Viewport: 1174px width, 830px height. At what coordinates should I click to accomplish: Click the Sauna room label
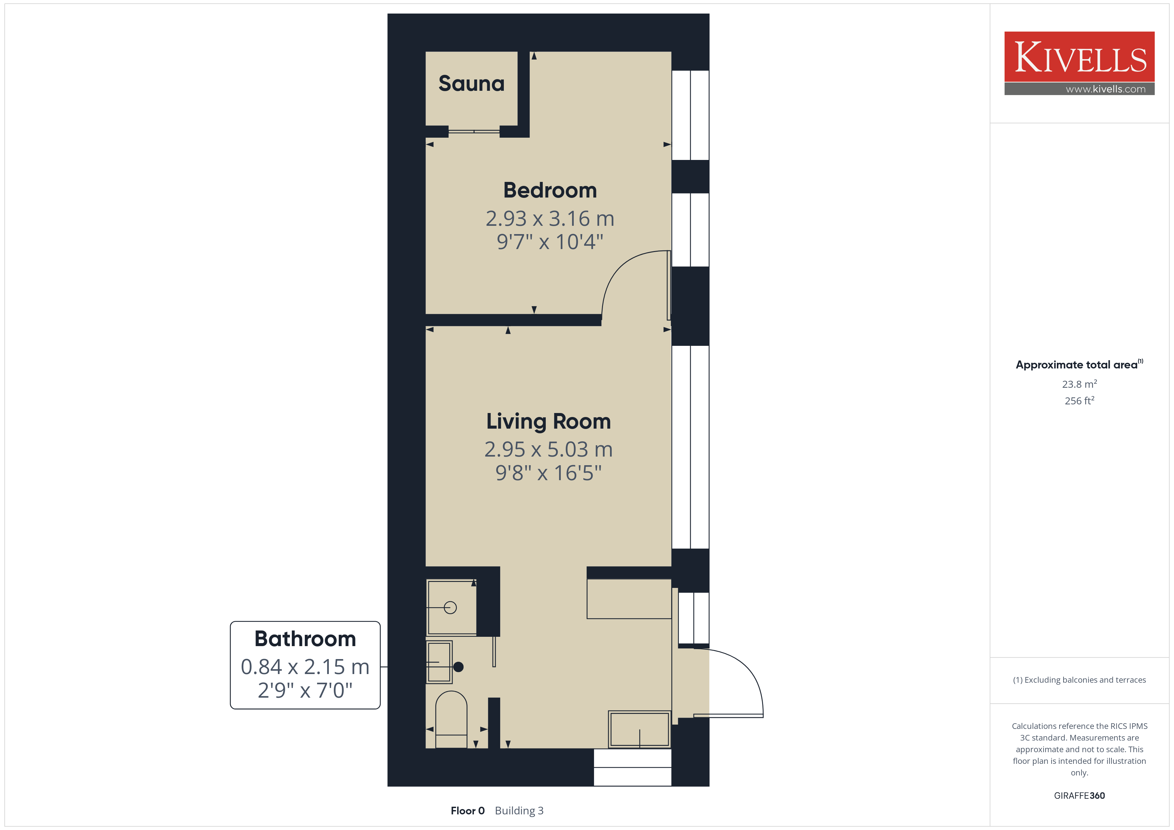point(472,83)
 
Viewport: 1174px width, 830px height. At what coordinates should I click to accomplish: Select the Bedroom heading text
point(550,190)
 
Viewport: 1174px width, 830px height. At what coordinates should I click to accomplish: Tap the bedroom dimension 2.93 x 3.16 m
point(550,219)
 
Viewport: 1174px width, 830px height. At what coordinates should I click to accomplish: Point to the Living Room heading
point(549,422)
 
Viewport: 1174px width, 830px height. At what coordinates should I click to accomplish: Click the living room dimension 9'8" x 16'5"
point(549,473)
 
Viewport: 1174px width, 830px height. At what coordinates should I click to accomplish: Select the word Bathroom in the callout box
point(305,639)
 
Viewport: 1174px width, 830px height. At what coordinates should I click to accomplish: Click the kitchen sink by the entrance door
point(640,729)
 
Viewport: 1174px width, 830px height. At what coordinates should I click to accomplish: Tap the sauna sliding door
point(474,131)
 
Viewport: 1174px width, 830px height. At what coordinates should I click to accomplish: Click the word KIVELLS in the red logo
point(1080,57)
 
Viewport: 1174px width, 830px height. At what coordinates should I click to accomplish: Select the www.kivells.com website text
point(1105,89)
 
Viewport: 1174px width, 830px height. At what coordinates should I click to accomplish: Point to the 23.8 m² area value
point(1079,384)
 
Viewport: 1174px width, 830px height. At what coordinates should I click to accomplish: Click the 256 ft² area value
point(1079,401)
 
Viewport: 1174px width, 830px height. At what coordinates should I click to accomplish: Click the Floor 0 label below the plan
point(467,811)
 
